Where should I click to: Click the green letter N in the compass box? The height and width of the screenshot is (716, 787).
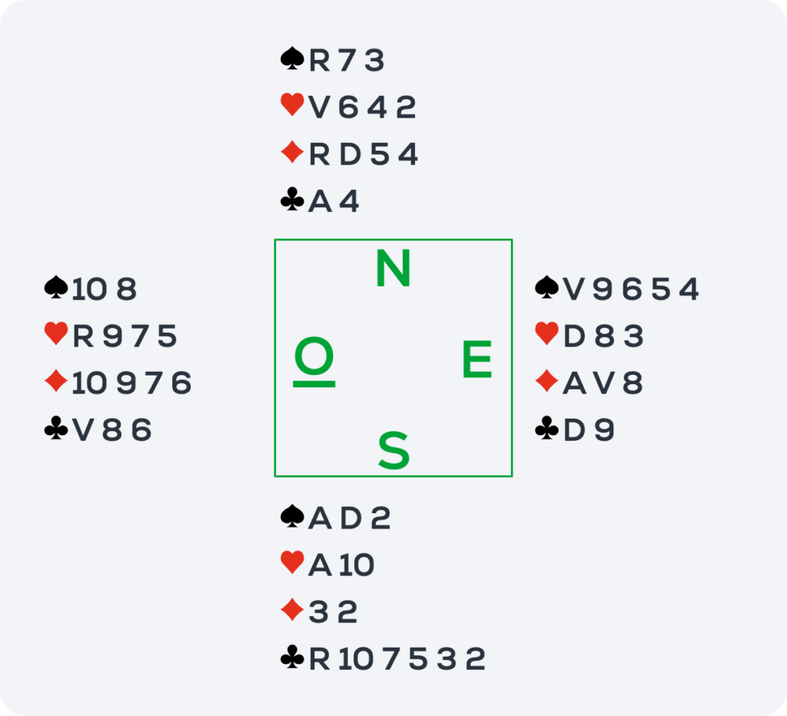pos(393,268)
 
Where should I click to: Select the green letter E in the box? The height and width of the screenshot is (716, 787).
pos(477,359)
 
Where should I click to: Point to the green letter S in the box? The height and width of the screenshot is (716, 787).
pos(393,450)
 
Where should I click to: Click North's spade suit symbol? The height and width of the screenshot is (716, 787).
pos(292,58)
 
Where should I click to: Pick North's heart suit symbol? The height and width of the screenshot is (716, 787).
pos(292,105)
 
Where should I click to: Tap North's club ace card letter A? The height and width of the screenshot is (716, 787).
pos(320,202)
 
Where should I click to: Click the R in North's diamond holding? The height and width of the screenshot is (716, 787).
pos(319,154)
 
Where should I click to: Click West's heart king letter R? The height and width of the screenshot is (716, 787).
pos(83,336)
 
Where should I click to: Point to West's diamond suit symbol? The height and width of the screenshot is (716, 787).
pos(55,381)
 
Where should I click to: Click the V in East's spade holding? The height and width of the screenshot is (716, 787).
pos(573,290)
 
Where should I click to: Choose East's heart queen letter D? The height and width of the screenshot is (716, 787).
pos(574,336)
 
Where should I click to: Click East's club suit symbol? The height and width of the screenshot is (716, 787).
pos(546,428)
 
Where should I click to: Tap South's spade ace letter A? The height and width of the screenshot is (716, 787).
pos(320,519)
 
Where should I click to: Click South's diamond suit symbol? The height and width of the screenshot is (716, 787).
pos(292,610)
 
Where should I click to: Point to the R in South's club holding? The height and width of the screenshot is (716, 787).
pos(319,659)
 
